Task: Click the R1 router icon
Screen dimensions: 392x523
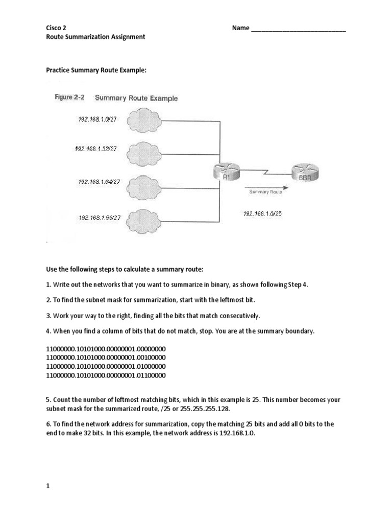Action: coord(225,171)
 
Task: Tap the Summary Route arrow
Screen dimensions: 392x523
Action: coord(265,186)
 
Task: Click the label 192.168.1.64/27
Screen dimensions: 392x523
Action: coord(99,181)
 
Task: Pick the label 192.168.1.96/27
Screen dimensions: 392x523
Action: coord(100,218)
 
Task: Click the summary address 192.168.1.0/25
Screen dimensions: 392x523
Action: coord(262,214)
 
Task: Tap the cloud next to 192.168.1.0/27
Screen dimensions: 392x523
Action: coord(144,122)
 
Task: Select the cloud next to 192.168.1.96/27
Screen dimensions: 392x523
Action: coord(144,220)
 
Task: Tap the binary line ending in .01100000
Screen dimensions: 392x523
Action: coord(106,375)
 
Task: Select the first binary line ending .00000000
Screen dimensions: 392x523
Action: coord(106,349)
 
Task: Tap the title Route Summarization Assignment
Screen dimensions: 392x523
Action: coord(95,37)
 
